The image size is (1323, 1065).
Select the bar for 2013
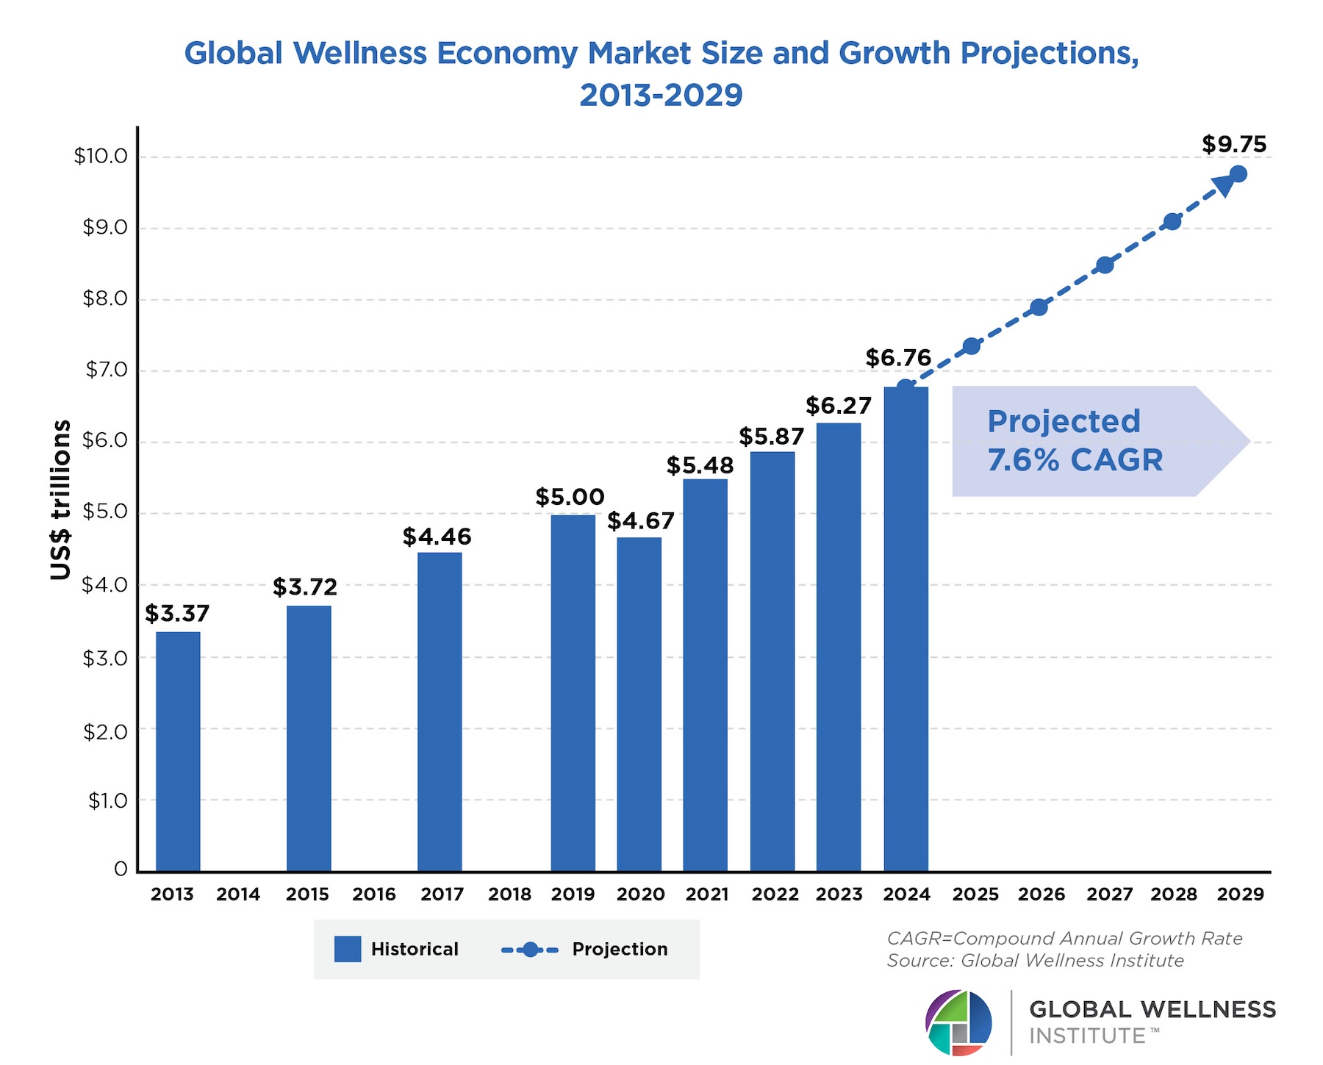click(178, 751)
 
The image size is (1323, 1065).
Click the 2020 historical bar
click(639, 704)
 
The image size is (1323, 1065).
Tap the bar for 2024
click(906, 629)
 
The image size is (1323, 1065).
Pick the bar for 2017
click(440, 711)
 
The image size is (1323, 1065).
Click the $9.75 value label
click(1234, 145)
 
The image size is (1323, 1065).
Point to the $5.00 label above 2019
click(570, 498)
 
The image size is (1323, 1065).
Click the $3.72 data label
click(305, 587)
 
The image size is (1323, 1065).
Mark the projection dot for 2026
click(1039, 307)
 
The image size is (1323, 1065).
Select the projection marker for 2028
click(1172, 221)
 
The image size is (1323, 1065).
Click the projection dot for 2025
click(972, 345)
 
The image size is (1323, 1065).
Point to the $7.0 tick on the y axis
click(107, 370)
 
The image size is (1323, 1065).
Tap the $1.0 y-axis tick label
click(107, 800)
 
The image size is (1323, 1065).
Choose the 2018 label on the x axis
click(509, 894)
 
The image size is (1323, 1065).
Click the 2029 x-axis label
click(1240, 894)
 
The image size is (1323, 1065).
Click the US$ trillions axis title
click(61, 500)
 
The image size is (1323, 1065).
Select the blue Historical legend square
click(348, 949)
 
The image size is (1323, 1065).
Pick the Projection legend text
click(620, 949)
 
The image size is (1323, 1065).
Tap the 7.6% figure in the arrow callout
click(1022, 461)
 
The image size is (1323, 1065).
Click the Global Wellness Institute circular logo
click(958, 1022)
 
